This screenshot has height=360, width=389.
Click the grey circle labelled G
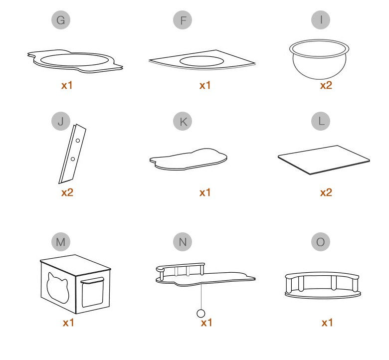[x=61, y=20]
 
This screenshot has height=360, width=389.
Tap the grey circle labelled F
[x=183, y=20]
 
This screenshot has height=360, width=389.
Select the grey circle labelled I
[x=321, y=20]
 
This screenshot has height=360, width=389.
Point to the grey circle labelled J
[x=61, y=121]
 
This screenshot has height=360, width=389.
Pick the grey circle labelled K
[x=183, y=121]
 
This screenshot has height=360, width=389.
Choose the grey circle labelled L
[x=321, y=121]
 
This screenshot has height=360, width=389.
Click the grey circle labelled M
[x=61, y=242]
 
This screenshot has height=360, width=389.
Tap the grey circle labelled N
[x=183, y=242]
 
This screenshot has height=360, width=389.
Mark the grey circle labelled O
[x=321, y=242]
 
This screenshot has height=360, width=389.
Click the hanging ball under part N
[x=201, y=313]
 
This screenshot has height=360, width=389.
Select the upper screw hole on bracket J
[x=78, y=141]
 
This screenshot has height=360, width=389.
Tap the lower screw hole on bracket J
[x=73, y=159]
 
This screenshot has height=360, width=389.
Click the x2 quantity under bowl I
[x=326, y=85]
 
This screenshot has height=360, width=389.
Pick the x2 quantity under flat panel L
[x=326, y=192]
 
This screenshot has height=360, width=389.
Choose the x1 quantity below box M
[x=68, y=323]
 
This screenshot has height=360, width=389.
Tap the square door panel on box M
[x=92, y=292]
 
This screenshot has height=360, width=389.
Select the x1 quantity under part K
[x=205, y=192]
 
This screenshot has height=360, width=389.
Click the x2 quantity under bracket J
[x=67, y=192]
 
